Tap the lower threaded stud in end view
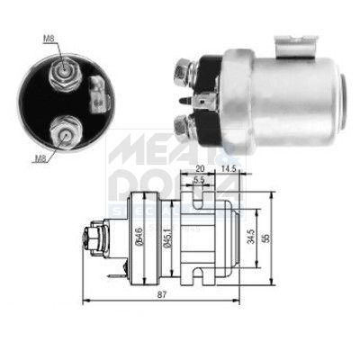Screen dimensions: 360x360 tap(66, 131)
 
